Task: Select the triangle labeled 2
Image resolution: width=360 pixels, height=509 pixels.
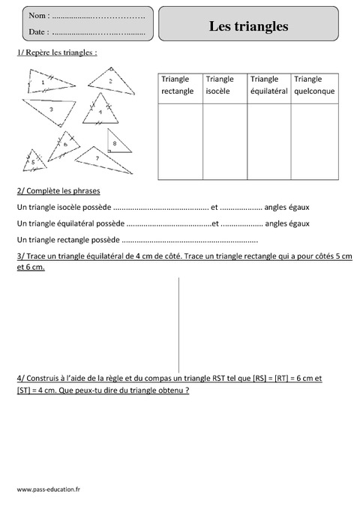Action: [111, 81]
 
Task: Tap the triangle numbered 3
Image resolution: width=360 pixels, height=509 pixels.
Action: [52, 110]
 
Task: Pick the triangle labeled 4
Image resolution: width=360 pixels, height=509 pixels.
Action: [100, 115]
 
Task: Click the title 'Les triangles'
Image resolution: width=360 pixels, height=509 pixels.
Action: [258, 26]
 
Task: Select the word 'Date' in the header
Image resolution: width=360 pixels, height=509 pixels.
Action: [37, 32]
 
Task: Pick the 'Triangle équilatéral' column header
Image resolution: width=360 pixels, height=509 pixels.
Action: [268, 85]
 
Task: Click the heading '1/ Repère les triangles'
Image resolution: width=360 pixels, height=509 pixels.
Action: [56, 53]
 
